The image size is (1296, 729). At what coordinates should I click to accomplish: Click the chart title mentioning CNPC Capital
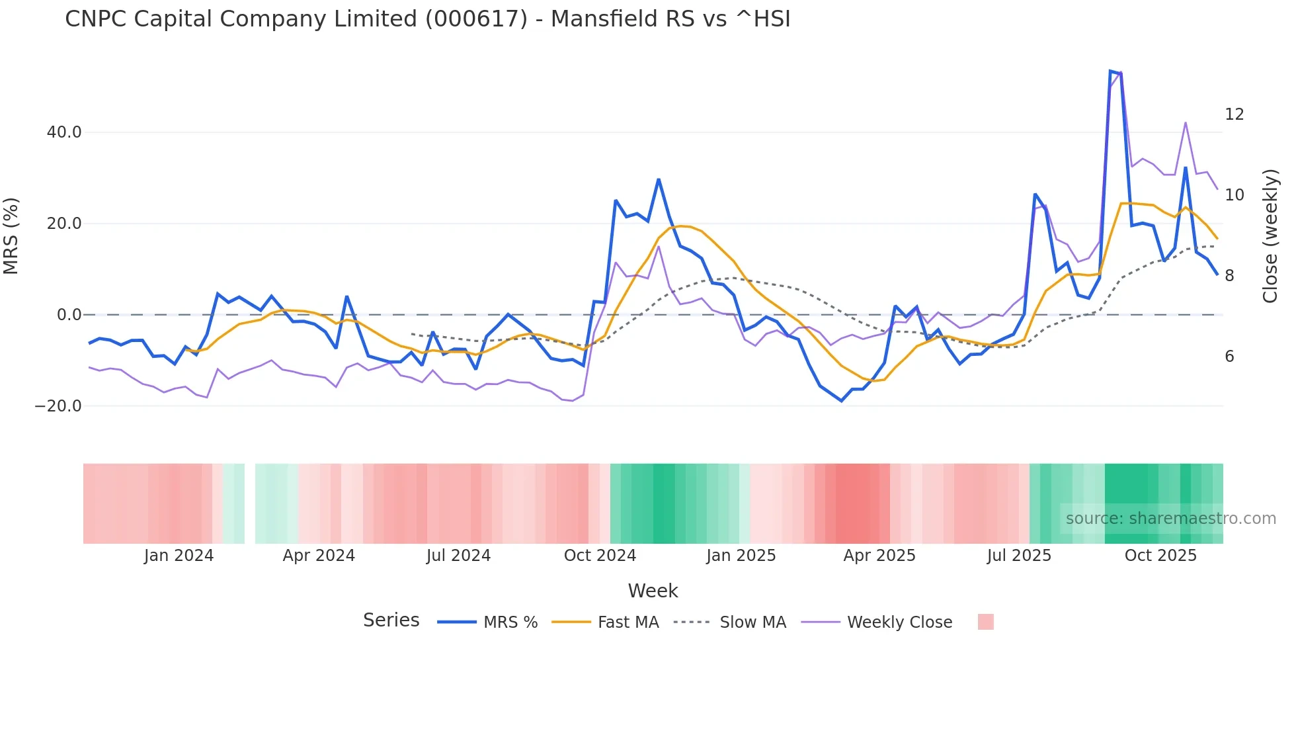(427, 19)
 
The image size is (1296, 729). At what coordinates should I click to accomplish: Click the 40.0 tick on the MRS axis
(64, 132)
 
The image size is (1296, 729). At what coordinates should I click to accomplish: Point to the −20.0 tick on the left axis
(58, 406)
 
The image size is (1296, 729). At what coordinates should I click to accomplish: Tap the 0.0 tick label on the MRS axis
(69, 315)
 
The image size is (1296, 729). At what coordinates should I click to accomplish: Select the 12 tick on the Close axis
(1234, 114)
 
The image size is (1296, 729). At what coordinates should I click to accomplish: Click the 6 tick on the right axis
(1229, 357)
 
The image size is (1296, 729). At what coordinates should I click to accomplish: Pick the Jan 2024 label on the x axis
(179, 556)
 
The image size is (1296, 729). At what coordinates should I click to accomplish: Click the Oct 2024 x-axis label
(600, 556)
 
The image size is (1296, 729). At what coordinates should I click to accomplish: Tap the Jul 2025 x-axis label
(1019, 556)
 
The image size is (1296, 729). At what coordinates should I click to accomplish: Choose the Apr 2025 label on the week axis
(879, 556)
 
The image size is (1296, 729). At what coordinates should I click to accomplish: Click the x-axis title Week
(653, 591)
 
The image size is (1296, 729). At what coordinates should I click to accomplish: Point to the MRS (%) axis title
(11, 236)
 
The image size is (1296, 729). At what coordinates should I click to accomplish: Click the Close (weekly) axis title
(1270, 236)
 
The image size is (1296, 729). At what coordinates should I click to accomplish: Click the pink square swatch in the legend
(985, 622)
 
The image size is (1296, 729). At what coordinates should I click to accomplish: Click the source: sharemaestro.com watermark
(1170, 519)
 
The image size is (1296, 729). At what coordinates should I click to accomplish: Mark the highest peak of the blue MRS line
(1111, 71)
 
